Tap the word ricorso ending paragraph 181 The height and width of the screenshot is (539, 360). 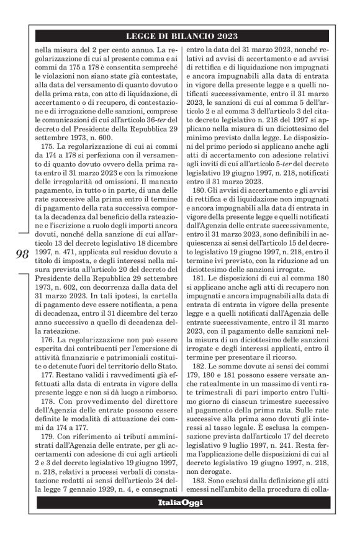click(296, 357)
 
